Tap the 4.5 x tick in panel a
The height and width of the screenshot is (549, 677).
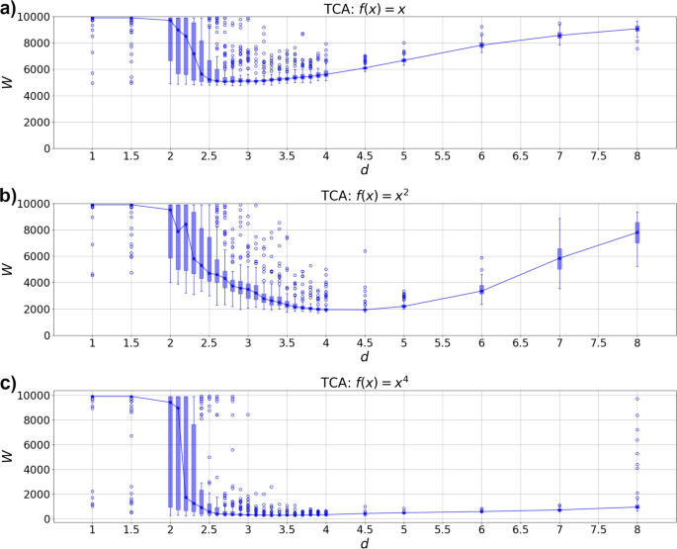(365, 157)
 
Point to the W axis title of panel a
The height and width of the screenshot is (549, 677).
(10, 83)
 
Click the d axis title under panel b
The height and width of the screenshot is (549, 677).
(364, 358)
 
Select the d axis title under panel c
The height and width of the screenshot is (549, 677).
(364, 543)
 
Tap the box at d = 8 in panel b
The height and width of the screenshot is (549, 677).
(637, 232)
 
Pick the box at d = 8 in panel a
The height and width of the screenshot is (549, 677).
(637, 29)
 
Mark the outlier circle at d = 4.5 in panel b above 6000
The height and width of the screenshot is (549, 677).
(365, 251)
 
